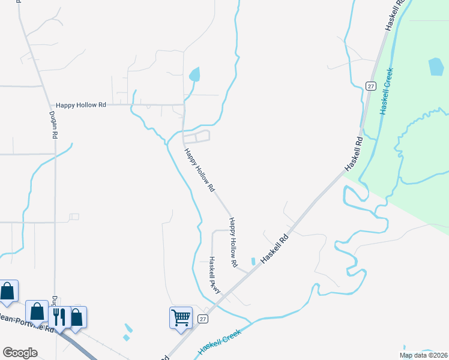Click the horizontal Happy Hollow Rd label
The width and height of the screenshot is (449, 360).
pos(80,104)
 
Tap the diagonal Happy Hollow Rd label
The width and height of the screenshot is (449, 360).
pos(199,170)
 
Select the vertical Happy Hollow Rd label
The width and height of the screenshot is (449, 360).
pos(233,242)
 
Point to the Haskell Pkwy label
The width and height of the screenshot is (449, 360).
pos(214,275)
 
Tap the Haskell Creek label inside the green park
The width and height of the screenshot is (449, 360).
pos(387,91)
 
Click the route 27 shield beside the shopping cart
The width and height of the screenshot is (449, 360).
pos(203,319)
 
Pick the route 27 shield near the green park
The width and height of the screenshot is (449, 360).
pos(372,85)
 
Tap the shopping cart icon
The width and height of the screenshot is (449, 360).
pos(181,317)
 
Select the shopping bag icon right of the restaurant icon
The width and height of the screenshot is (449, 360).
pos(76,316)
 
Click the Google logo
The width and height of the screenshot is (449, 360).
pos(20,353)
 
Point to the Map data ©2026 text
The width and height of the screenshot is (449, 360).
pos(423,355)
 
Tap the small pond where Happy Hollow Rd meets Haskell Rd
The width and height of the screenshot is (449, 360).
pos(253,261)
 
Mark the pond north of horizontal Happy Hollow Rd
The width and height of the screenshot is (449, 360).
pos(194,75)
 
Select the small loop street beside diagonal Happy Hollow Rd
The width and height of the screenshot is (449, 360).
pos(197,137)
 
